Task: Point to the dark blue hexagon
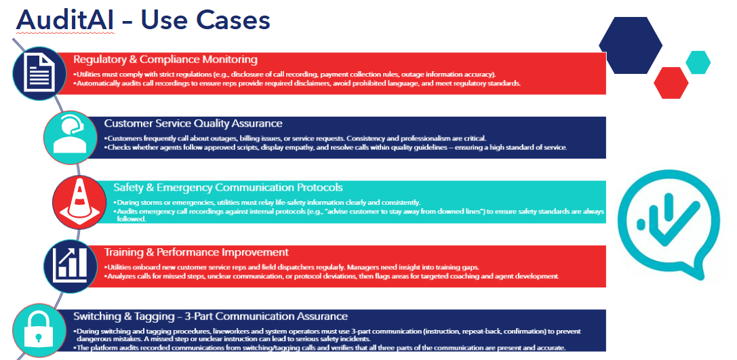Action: (630, 45)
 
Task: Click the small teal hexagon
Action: (698, 62)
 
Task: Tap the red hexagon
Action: (671, 83)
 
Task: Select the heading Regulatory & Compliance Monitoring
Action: (165, 60)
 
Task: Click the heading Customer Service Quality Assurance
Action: (193, 123)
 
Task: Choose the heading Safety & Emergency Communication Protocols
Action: (228, 187)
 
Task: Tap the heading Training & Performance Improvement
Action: (197, 252)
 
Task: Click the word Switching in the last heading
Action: (98, 316)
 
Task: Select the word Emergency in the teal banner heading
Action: (188, 187)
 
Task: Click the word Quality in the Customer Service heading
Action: (212, 123)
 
